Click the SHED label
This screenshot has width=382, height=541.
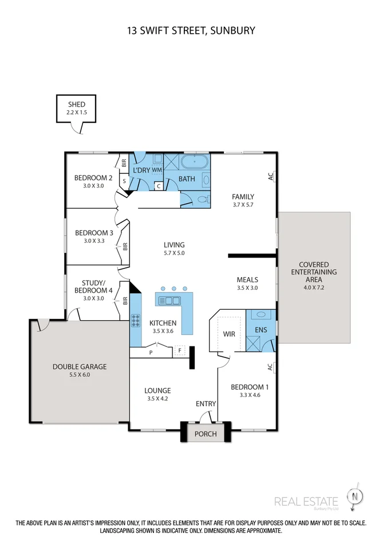[77, 104]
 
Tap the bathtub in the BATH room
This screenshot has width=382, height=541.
[195, 161]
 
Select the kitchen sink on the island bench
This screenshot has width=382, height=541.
[170, 301]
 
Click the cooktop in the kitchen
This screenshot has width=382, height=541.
[136, 321]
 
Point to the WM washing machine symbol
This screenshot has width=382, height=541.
[157, 170]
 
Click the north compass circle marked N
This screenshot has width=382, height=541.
[355, 497]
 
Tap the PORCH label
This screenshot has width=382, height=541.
[206, 434]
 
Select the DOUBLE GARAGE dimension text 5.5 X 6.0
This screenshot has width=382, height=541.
[80, 375]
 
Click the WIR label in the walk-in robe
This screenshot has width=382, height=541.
[229, 334]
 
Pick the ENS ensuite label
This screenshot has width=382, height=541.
[261, 330]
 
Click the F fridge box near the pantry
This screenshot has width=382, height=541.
[179, 351]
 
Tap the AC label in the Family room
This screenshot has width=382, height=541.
[270, 176]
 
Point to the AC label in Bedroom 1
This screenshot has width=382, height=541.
[270, 367]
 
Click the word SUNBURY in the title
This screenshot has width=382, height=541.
[233, 31]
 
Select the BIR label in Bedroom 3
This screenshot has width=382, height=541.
[125, 246]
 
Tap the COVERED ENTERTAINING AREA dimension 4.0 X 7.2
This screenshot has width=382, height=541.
[314, 287]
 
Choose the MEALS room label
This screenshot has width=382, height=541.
[247, 280]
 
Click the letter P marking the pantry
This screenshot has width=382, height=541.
[151, 353]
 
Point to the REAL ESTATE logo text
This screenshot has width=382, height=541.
[306, 501]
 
